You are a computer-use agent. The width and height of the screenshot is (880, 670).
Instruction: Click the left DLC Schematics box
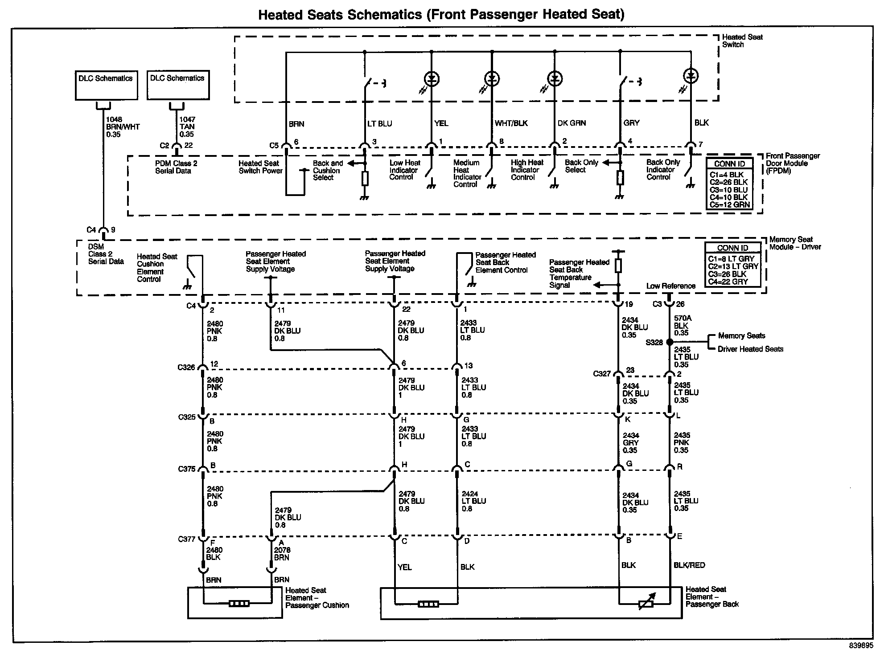pos(106,85)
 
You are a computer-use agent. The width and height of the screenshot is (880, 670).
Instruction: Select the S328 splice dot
pos(669,342)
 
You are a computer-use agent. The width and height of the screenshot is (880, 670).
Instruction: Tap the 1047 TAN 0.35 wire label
pos(187,127)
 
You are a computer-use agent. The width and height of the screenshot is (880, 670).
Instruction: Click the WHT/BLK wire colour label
pos(511,123)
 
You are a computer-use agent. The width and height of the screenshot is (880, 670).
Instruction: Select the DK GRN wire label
pos(572,123)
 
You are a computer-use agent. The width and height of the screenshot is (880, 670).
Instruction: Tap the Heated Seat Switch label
pos(742,41)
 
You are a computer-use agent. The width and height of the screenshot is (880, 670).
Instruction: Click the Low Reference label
pos(670,286)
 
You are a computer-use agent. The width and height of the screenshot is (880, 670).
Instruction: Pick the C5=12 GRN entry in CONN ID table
pos(730,204)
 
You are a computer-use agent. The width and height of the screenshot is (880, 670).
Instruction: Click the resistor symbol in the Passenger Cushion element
pos(239,604)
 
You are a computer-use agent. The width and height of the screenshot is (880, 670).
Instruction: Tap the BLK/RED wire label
pos(689,565)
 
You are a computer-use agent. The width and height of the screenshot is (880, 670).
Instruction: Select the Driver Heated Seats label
pos(750,349)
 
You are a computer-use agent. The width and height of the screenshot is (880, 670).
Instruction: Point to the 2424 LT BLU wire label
pos(473,501)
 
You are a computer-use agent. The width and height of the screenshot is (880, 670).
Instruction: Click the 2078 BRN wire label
pos(282,554)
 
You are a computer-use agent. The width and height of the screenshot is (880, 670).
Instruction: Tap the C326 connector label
pos(186,368)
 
